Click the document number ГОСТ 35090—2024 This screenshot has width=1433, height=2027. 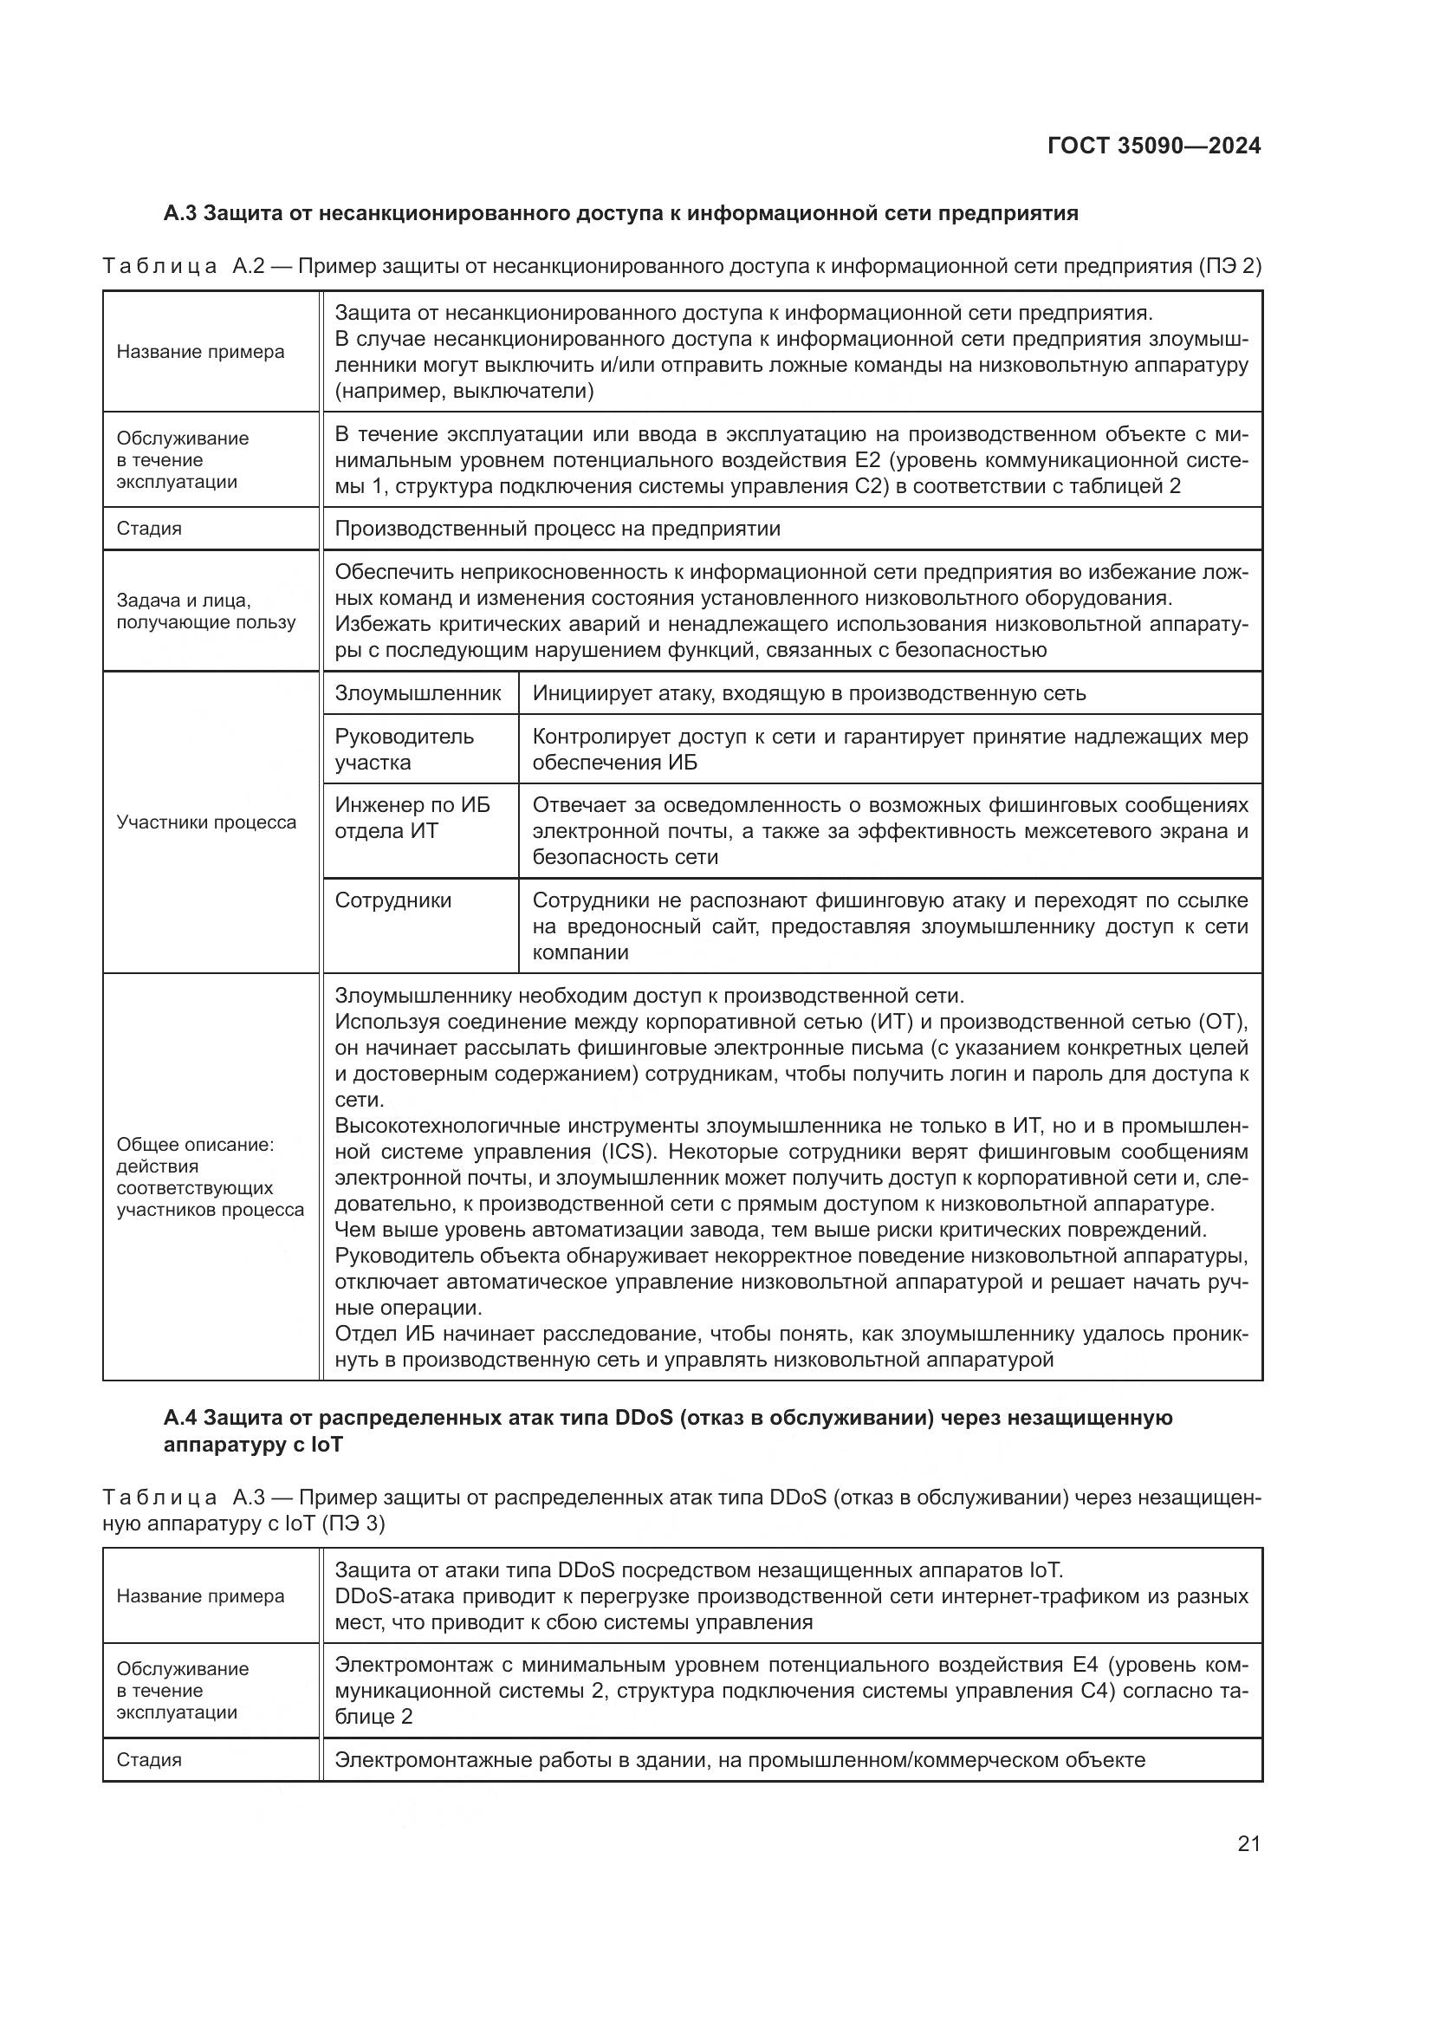point(1153,146)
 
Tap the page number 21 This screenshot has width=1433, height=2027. point(1248,1843)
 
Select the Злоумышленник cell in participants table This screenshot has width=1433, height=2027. point(418,693)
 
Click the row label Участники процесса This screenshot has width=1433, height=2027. point(206,822)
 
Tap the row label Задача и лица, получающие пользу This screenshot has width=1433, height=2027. point(205,611)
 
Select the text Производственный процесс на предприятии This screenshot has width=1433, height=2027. point(557,528)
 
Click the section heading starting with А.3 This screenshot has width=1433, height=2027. point(620,213)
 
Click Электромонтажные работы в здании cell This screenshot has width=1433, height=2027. point(739,1759)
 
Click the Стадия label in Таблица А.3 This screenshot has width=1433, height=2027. point(149,1759)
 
